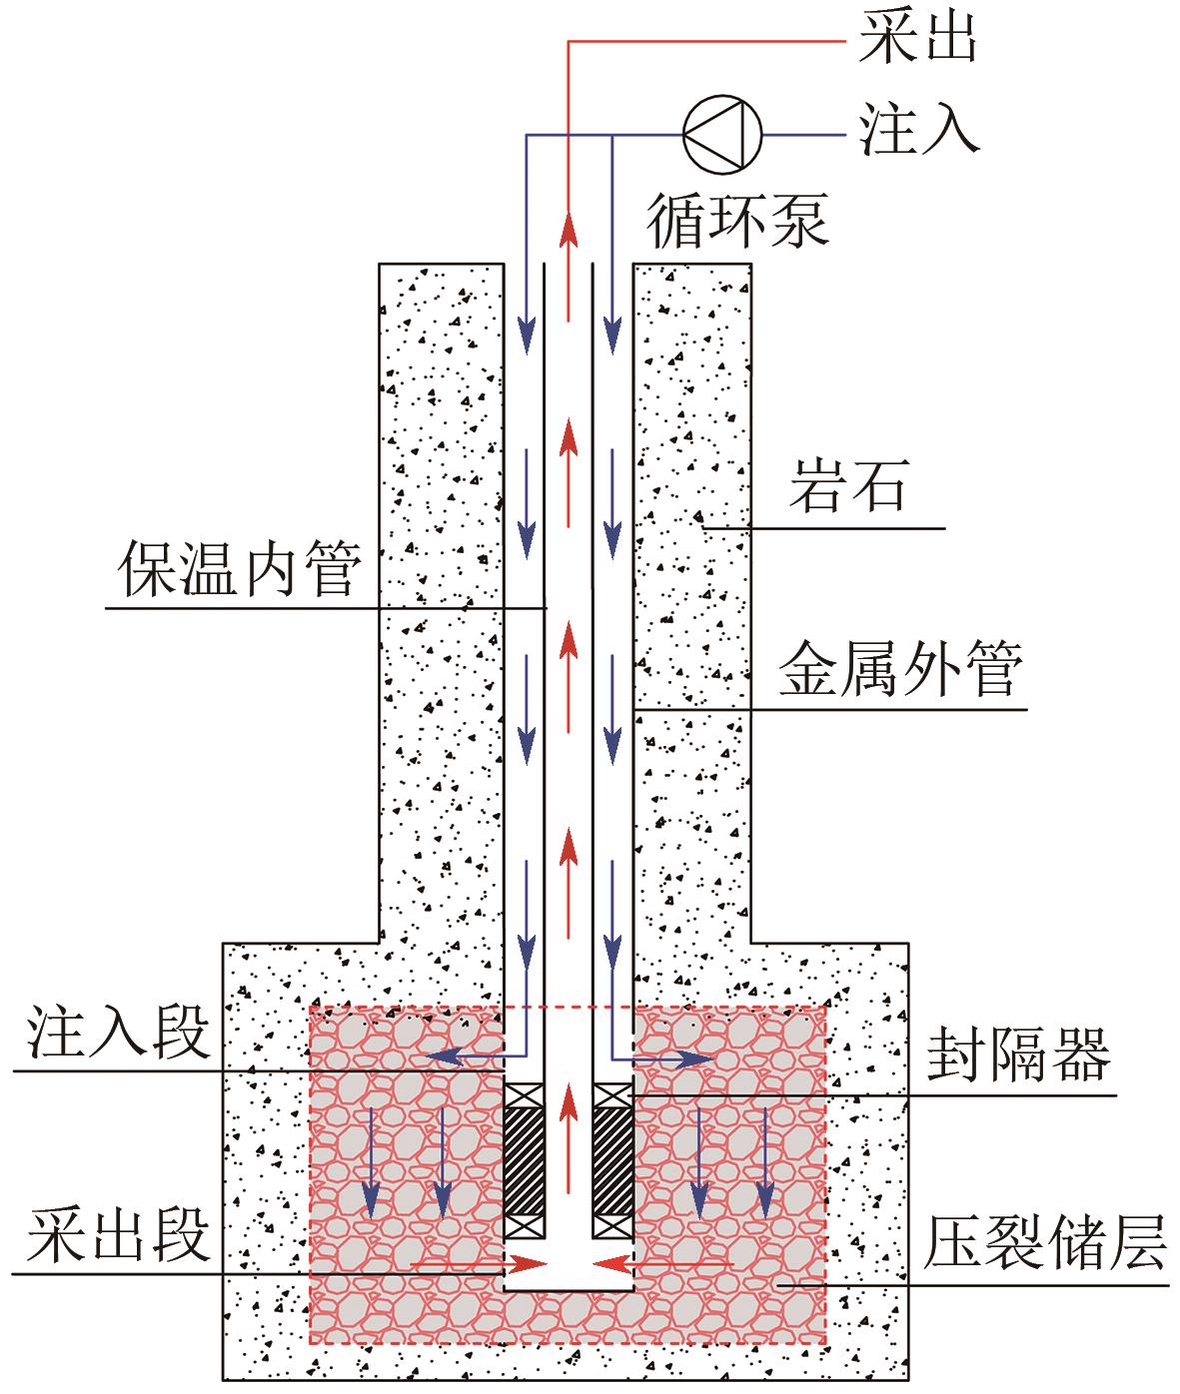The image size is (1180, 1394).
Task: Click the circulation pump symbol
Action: click(722, 134)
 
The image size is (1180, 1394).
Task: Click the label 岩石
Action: click(849, 485)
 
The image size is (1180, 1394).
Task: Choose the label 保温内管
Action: click(240, 568)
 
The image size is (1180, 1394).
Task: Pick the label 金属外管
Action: click(900, 668)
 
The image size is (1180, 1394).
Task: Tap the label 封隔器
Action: click(1019, 1055)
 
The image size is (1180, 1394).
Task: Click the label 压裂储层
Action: click(1045, 1243)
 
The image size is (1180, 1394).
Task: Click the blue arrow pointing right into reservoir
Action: click(662, 1058)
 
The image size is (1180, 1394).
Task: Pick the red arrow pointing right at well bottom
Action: click(478, 1262)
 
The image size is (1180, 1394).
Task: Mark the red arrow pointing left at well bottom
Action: click(662, 1262)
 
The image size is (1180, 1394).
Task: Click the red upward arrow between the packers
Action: click(569, 1138)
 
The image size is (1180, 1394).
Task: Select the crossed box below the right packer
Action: click(612, 1227)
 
